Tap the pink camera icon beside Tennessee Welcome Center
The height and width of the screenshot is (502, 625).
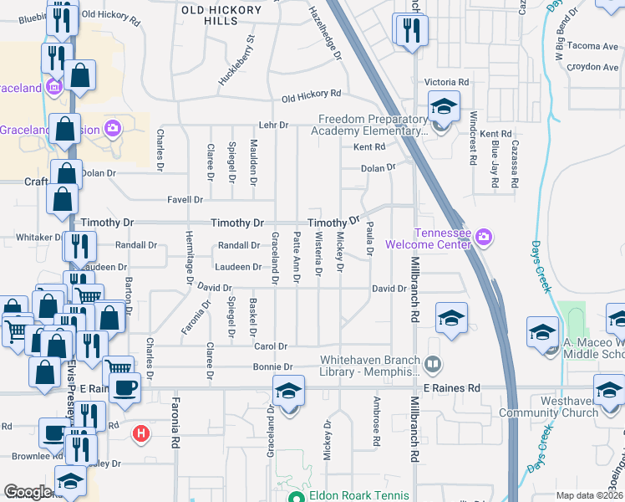484,239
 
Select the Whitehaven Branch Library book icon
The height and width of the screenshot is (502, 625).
433,364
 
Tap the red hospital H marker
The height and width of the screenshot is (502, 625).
142,433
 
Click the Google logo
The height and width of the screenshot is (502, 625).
28,492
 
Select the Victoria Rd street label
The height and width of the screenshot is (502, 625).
446,83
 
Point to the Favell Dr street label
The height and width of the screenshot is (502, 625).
186,200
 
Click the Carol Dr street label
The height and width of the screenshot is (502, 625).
271,346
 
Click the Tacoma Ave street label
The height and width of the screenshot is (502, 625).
592,46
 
